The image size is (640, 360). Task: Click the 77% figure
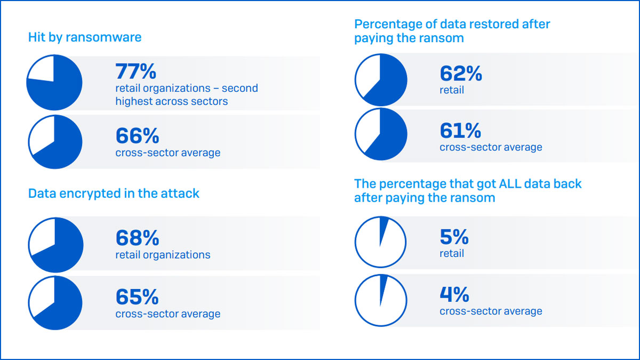pyautogui.click(x=136, y=71)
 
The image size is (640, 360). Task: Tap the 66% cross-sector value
pyautogui.click(x=137, y=136)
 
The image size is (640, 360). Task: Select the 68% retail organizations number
pyautogui.click(x=137, y=238)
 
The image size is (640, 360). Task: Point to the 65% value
pyautogui.click(x=137, y=297)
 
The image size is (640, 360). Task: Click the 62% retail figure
pyautogui.click(x=461, y=74)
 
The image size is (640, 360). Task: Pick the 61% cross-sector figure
pyautogui.click(x=460, y=131)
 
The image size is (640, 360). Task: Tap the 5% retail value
pyautogui.click(x=454, y=237)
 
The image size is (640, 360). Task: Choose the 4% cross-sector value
pyautogui.click(x=454, y=294)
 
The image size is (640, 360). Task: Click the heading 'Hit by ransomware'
pyautogui.click(x=85, y=37)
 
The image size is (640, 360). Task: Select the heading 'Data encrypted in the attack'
pyautogui.click(x=114, y=193)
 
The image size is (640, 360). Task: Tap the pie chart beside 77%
pyautogui.click(x=54, y=83)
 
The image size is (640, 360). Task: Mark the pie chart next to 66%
pyautogui.click(x=54, y=142)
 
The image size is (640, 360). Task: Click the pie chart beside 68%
pyautogui.click(x=55, y=245)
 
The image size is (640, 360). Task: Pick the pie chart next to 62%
pyautogui.click(x=381, y=79)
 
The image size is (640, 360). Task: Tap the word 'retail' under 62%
pyautogui.click(x=452, y=90)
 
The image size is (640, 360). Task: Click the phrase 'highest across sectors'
pyautogui.click(x=171, y=101)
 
